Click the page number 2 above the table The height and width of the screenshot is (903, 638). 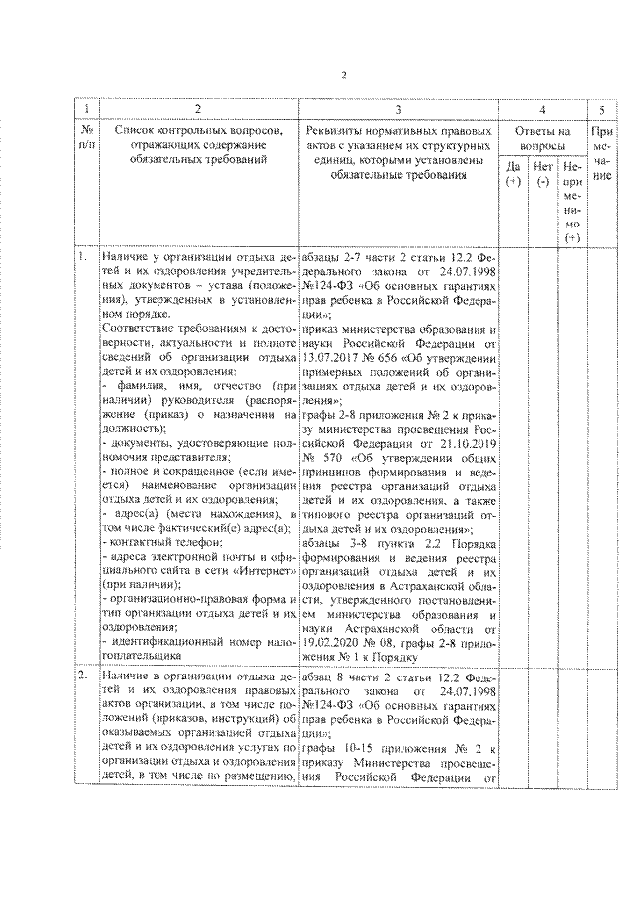tap(341, 75)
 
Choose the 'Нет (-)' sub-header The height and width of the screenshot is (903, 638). tap(543, 174)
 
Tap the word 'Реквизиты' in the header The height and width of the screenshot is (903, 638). tap(334, 130)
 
